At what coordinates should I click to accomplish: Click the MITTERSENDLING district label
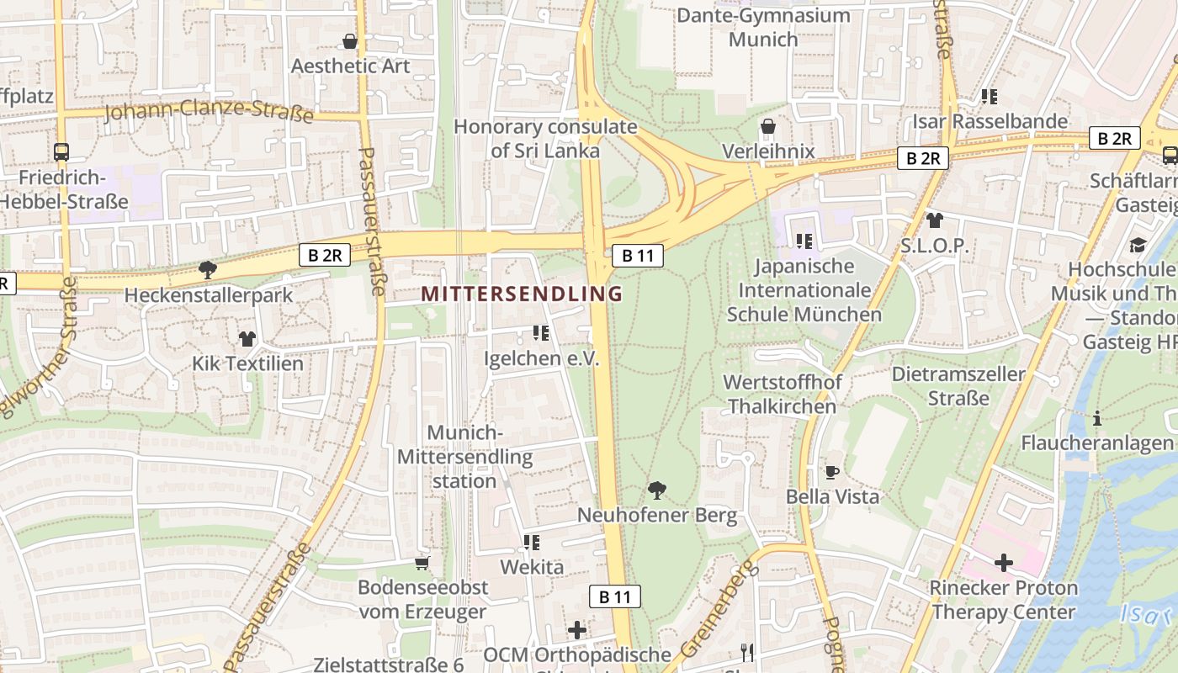click(x=522, y=294)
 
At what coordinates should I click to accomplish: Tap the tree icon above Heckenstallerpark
click(x=207, y=270)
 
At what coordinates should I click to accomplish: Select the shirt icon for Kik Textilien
click(x=247, y=339)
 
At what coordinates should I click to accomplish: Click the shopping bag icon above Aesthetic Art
click(x=350, y=41)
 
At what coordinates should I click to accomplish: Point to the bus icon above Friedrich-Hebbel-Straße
click(x=61, y=152)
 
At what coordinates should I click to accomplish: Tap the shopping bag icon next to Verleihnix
click(x=768, y=127)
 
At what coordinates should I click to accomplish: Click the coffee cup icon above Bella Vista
click(x=831, y=472)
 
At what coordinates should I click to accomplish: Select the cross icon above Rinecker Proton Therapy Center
click(x=1003, y=562)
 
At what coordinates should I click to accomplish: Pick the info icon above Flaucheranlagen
click(x=1096, y=418)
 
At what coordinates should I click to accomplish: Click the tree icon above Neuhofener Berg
click(x=657, y=490)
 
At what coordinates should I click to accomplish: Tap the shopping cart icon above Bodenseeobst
click(x=422, y=562)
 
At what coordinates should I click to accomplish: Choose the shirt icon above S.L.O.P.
click(x=934, y=221)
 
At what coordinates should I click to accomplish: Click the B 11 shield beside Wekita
click(x=614, y=596)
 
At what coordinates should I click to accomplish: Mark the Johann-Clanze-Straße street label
click(x=208, y=111)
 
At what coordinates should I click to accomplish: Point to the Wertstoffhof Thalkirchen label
click(x=782, y=395)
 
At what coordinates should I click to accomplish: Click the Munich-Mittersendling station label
click(x=464, y=457)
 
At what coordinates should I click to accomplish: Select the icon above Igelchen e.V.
click(x=541, y=333)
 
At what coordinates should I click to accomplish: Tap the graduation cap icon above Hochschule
click(x=1138, y=245)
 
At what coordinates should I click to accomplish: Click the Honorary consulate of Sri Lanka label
click(x=545, y=139)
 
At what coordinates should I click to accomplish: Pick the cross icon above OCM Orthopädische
click(x=576, y=629)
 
